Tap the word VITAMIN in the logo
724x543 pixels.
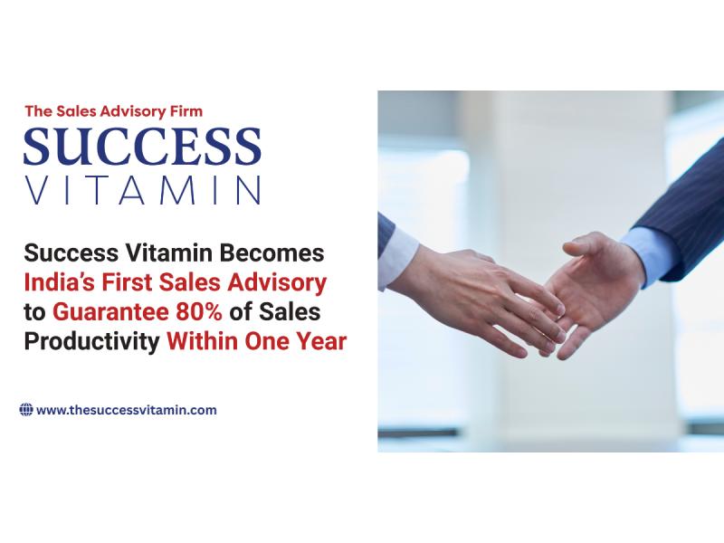pyautogui.click(x=142, y=189)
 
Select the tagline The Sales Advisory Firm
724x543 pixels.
pyautogui.click(x=113, y=111)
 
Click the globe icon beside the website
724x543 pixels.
pyautogui.click(x=26, y=410)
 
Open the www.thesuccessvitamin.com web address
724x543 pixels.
pyautogui.click(x=127, y=410)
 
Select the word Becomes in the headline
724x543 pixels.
pyautogui.click(x=272, y=251)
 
